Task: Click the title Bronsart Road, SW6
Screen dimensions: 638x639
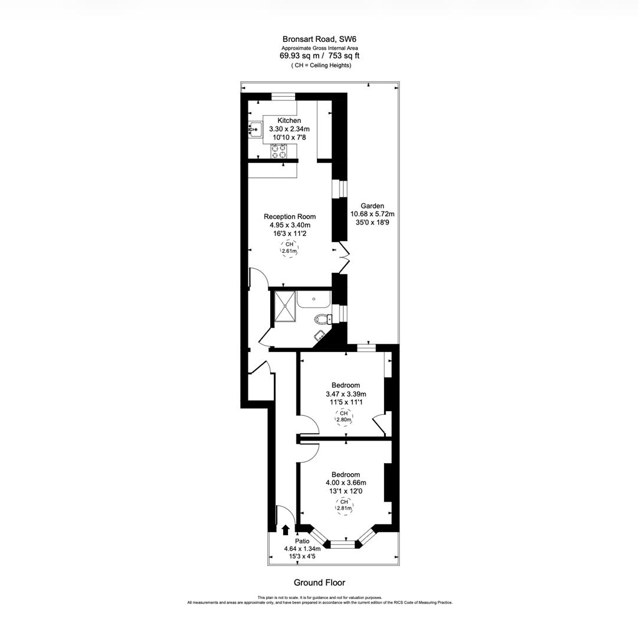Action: pyautogui.click(x=319, y=40)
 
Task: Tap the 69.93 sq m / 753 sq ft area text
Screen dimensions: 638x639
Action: pyautogui.click(x=319, y=56)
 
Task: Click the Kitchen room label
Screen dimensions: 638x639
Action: pyautogui.click(x=289, y=121)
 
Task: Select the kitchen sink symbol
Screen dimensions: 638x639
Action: pyautogui.click(x=255, y=129)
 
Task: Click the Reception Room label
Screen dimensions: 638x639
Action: pyautogui.click(x=289, y=217)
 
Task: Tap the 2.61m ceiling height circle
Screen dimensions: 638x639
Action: pyautogui.click(x=289, y=248)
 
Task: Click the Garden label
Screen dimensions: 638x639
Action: pyautogui.click(x=372, y=206)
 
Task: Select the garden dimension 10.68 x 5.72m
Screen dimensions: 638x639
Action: pyautogui.click(x=372, y=214)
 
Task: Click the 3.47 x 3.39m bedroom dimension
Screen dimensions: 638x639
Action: pyautogui.click(x=346, y=394)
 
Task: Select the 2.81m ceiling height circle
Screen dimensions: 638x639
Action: pyautogui.click(x=344, y=505)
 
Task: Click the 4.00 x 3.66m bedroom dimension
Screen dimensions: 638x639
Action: pyautogui.click(x=346, y=483)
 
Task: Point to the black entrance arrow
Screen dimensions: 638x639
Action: pyautogui.click(x=286, y=529)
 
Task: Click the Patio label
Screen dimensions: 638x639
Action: pyautogui.click(x=302, y=541)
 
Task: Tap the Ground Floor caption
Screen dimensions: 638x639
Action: pyautogui.click(x=319, y=582)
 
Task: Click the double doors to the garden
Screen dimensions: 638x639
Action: pyautogui.click(x=345, y=258)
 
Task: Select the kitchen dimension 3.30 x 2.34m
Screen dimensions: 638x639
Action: pyautogui.click(x=289, y=129)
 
